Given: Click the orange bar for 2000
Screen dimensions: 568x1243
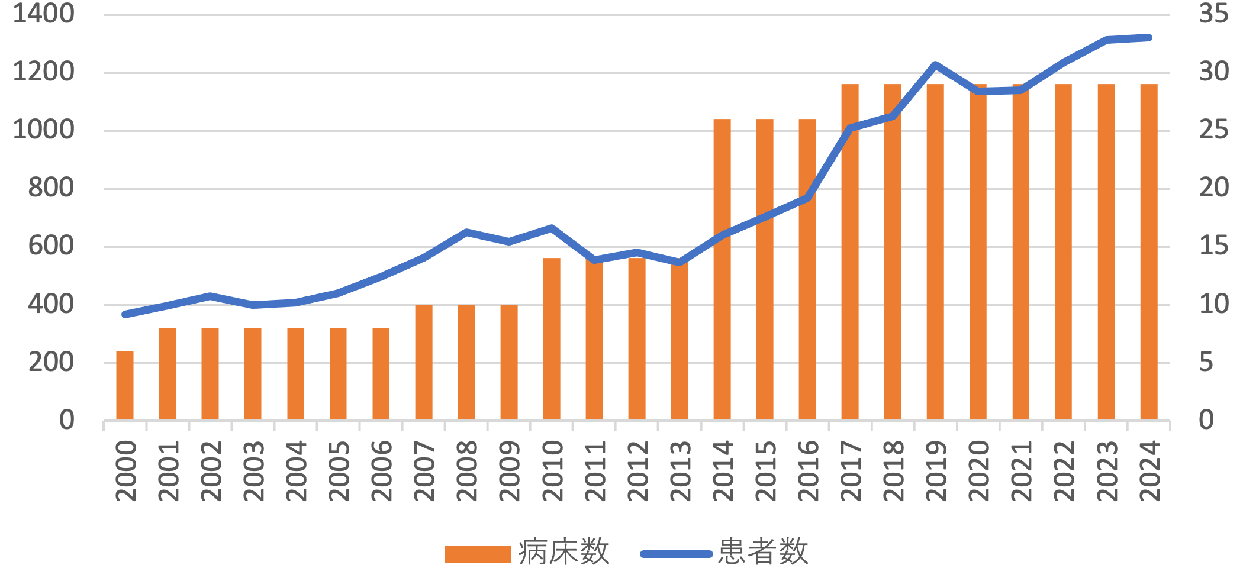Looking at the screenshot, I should [125, 385].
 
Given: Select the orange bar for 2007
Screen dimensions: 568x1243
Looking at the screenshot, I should [424, 362].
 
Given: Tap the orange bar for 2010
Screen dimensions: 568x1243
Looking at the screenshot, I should [552, 339].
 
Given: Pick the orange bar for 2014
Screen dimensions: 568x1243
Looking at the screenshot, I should [722, 269].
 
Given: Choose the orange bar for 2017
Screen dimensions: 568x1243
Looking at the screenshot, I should [850, 252].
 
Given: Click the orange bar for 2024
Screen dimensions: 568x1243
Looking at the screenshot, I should [1149, 252].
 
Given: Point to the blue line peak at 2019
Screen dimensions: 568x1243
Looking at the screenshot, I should [935, 64].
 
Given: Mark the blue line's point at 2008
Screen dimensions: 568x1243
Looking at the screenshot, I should [466, 232].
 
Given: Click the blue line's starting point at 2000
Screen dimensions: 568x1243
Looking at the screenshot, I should [125, 314].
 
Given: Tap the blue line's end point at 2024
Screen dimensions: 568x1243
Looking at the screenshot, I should [1149, 38].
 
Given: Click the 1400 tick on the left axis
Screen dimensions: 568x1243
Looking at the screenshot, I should [44, 14].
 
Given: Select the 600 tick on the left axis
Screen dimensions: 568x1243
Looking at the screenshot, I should [51, 246].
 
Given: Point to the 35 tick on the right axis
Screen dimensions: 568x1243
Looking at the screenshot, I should [1213, 14].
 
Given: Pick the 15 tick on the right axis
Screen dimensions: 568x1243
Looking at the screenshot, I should [1213, 246].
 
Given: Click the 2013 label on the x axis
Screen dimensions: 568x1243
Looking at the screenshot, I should [681, 472].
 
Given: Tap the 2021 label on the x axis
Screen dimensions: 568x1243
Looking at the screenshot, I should [1022, 472].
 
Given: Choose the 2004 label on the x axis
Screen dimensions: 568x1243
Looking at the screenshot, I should [297, 472].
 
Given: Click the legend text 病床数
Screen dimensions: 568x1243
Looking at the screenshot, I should [563, 553].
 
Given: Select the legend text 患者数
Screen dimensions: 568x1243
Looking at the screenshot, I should [763, 553].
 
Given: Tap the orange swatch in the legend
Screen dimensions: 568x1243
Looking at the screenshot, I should [478, 554].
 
